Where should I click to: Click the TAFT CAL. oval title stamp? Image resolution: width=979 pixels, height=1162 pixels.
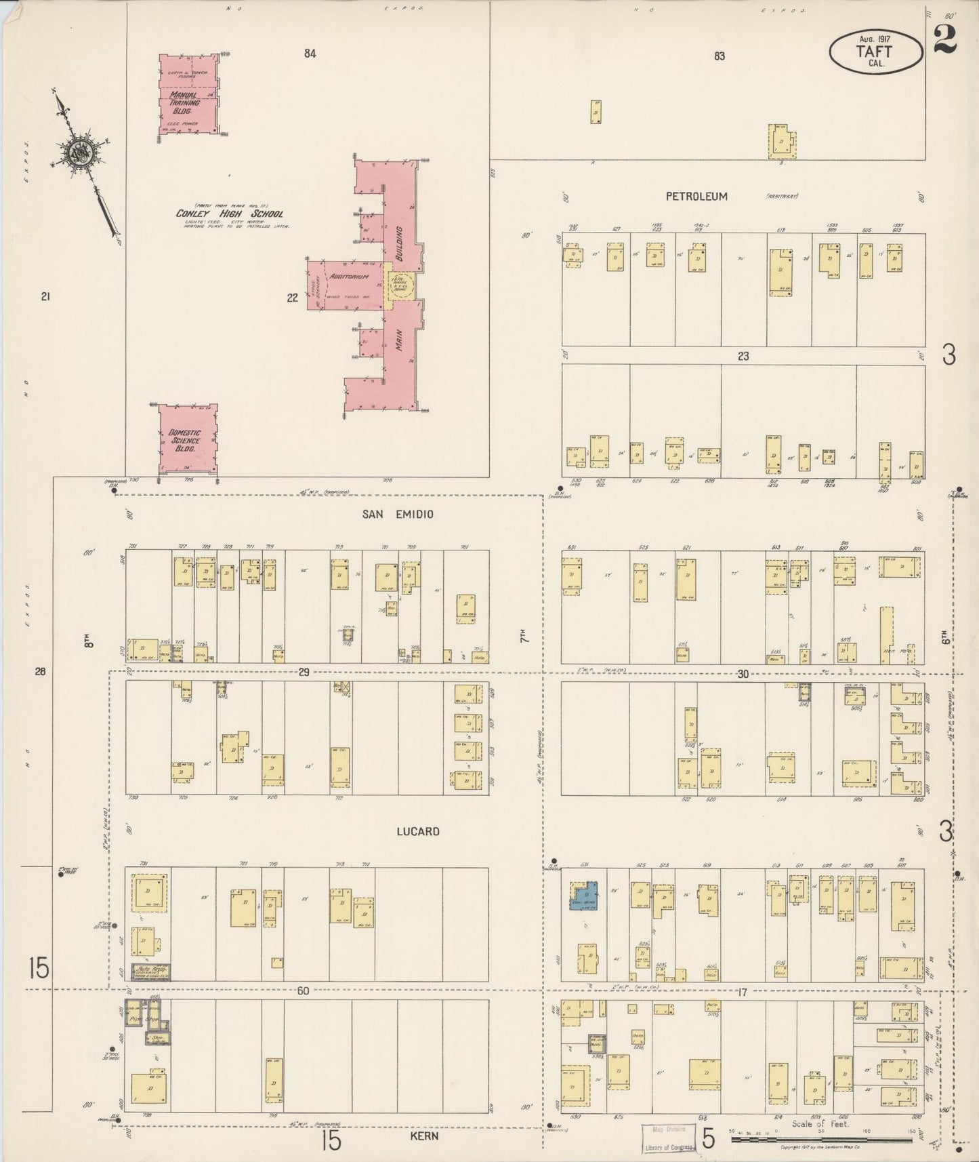[x=875, y=52]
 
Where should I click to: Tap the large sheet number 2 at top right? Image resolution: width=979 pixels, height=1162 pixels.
[x=944, y=38]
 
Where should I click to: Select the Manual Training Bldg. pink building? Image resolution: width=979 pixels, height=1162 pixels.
[x=188, y=96]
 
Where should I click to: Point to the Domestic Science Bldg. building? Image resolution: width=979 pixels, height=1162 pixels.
[x=188, y=439]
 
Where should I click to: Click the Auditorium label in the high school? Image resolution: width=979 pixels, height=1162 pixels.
[x=350, y=277]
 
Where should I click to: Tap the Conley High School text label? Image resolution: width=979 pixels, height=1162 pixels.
[x=230, y=214]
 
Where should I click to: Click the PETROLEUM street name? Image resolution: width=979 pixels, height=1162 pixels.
[x=696, y=197]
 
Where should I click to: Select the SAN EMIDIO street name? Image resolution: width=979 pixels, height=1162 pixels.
[x=397, y=514]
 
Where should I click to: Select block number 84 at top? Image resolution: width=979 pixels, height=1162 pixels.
[x=310, y=54]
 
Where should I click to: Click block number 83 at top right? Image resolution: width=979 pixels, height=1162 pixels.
[x=719, y=56]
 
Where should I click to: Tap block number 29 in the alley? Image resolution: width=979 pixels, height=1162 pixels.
[x=304, y=672]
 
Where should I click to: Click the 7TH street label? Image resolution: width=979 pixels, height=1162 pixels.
[x=523, y=637]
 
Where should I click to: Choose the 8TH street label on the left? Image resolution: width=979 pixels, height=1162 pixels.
[x=87, y=641]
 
